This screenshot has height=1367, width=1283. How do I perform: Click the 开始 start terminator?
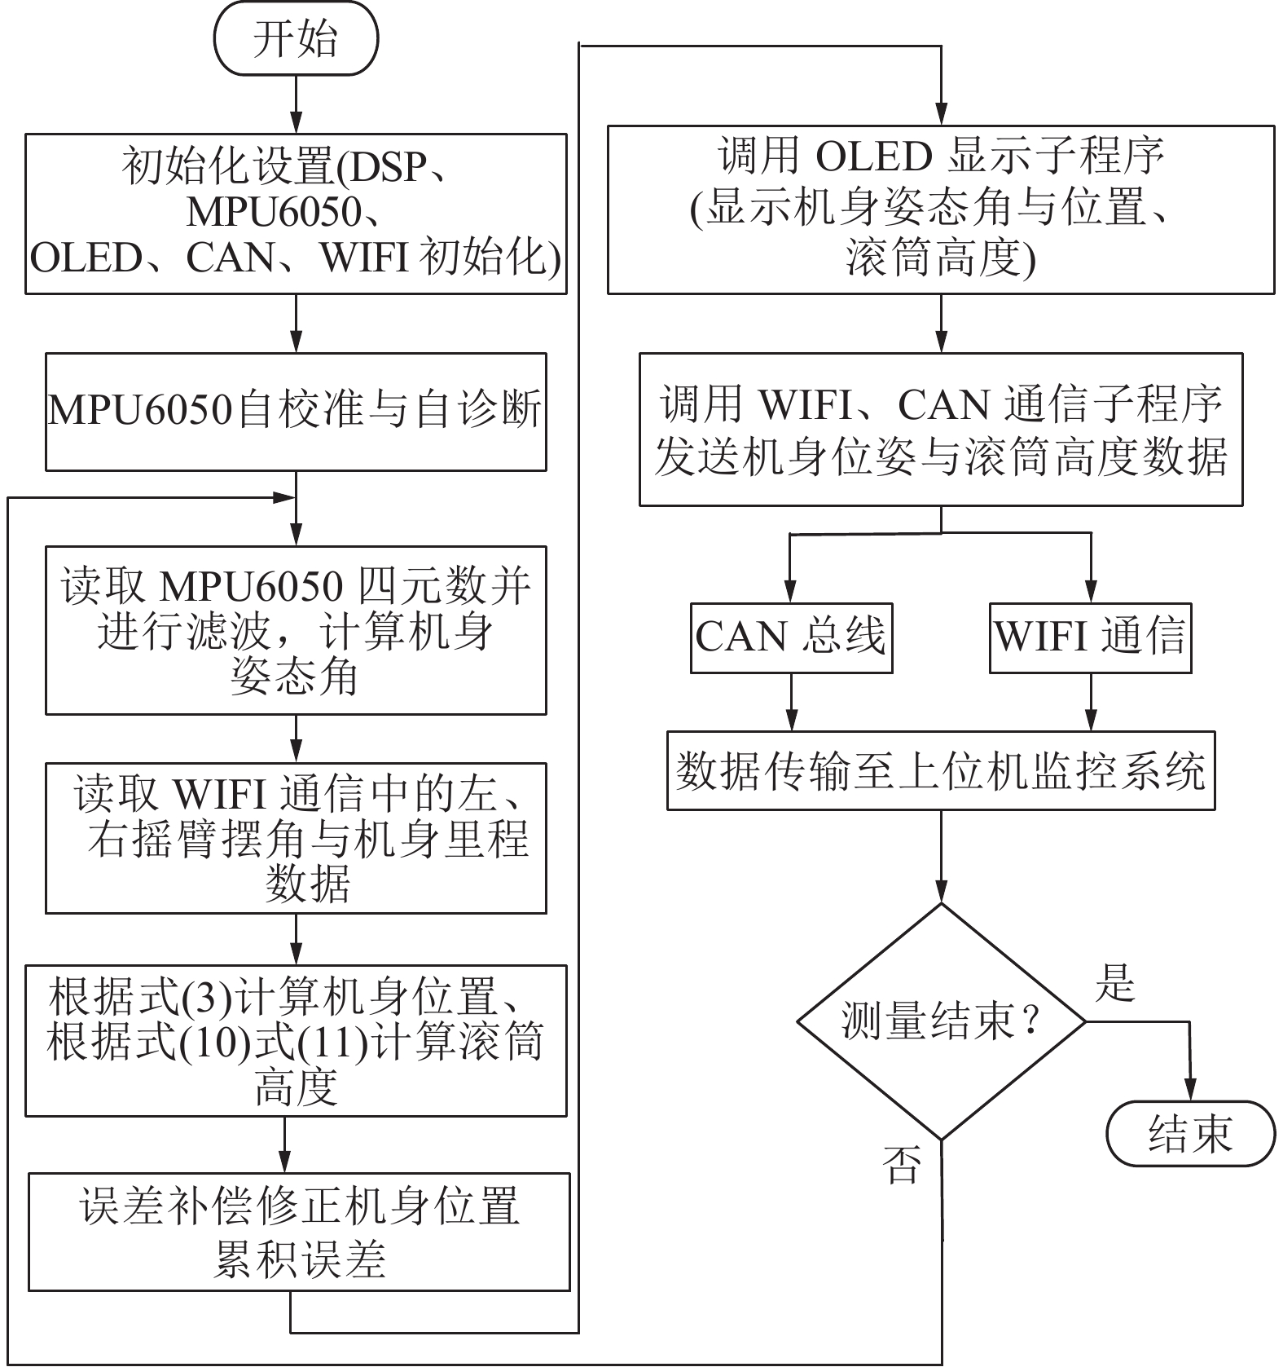click(x=296, y=40)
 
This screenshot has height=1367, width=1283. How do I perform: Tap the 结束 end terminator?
click(x=1190, y=1134)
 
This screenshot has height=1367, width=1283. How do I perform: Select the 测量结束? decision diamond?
click(x=941, y=1021)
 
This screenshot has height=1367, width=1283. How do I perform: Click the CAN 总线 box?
click(x=791, y=637)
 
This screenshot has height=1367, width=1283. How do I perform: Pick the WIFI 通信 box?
click(x=1090, y=637)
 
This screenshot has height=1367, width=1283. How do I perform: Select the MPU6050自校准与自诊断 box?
click(x=296, y=412)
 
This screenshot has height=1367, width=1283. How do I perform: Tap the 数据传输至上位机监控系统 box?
click(x=941, y=770)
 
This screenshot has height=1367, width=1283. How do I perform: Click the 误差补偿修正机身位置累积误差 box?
click(x=299, y=1231)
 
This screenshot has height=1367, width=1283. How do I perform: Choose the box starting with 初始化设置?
click(x=296, y=214)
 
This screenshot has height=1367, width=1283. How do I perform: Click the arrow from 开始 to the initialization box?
click(x=296, y=104)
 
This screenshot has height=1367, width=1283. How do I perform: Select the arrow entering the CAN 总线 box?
click(x=791, y=571)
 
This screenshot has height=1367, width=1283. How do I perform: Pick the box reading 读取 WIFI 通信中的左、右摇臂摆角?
click(x=296, y=838)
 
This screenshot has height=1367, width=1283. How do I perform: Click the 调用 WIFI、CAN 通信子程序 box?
click(x=941, y=430)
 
